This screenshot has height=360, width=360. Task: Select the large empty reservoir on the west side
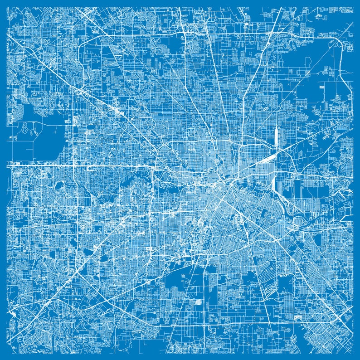click(43, 136)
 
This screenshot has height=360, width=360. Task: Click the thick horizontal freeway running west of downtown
click(113, 165)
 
